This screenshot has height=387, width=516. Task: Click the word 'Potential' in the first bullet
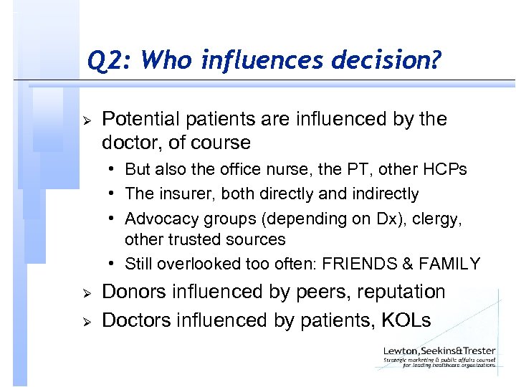click(x=138, y=118)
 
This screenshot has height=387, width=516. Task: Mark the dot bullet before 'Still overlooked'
click(x=115, y=264)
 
